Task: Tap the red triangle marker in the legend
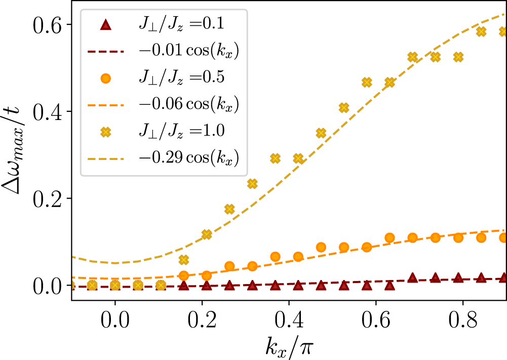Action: point(106,24)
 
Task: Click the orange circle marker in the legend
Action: point(106,77)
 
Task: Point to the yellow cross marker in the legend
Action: point(106,131)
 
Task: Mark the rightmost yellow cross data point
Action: point(503,31)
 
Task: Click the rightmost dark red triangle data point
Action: point(503,278)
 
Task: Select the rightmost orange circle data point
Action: point(503,237)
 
